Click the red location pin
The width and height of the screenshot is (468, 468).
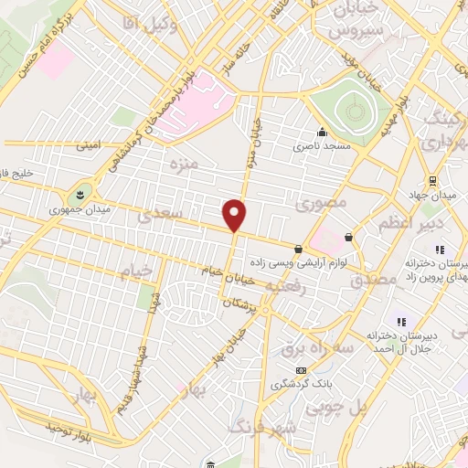[x=235, y=216]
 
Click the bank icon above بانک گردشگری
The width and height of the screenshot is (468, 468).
[x=303, y=369]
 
